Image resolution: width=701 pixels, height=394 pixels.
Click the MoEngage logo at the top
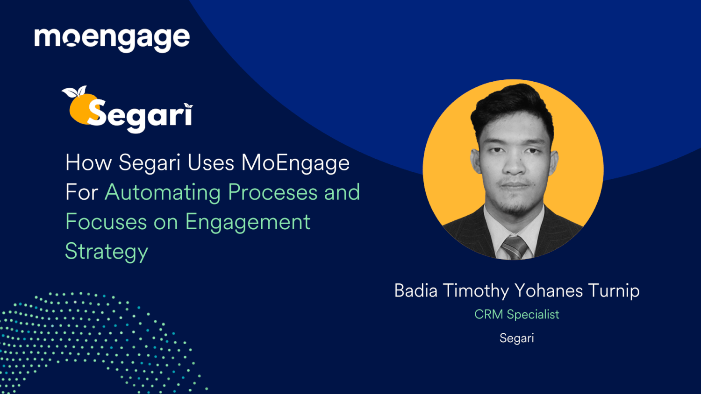click(x=112, y=39)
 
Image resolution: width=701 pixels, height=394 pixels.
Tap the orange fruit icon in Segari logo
click(x=79, y=110)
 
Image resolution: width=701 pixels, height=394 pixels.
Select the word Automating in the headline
click(x=162, y=192)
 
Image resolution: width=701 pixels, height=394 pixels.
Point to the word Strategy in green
click(x=107, y=252)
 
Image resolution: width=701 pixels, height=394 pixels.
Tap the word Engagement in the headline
click(x=248, y=222)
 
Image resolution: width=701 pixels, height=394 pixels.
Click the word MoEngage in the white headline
click(x=295, y=163)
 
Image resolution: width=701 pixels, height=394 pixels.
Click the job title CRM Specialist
click(x=516, y=315)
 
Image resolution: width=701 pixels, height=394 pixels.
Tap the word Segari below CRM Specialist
click(x=516, y=338)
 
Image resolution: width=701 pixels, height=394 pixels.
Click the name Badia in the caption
click(x=416, y=291)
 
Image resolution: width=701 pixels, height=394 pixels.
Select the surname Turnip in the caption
click(x=614, y=291)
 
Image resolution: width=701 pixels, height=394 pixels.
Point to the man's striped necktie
click(x=514, y=246)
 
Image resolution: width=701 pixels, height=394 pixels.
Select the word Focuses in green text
click(x=106, y=222)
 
